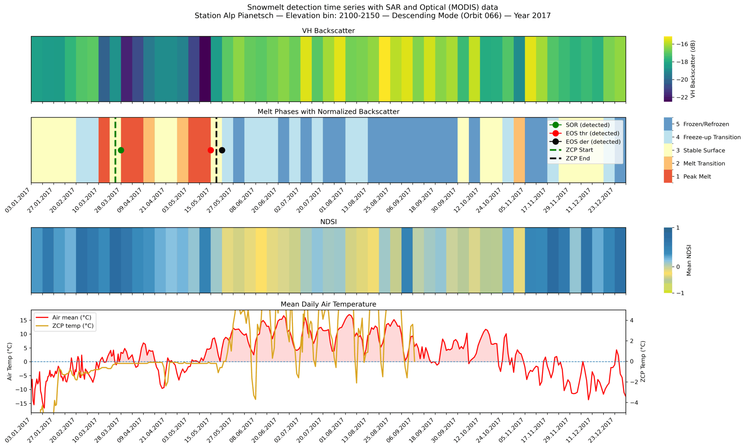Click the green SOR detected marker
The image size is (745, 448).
tap(121, 150)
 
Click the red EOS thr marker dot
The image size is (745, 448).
tap(211, 150)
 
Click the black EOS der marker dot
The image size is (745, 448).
tap(222, 150)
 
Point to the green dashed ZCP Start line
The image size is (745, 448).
tap(115, 168)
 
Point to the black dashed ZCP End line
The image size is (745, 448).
tap(216, 168)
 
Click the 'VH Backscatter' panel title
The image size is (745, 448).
tap(328, 31)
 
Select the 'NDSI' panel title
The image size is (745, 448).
tap(328, 222)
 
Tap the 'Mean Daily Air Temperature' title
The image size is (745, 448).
tap(328, 304)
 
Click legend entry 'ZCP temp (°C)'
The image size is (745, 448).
tap(73, 326)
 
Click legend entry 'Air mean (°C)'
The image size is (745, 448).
tap(72, 318)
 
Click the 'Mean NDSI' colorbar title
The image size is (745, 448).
tap(688, 260)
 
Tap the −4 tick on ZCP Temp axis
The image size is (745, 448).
tap(632, 403)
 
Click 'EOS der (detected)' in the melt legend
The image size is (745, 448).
tap(593, 142)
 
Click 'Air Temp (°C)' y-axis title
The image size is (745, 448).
tap(10, 361)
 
